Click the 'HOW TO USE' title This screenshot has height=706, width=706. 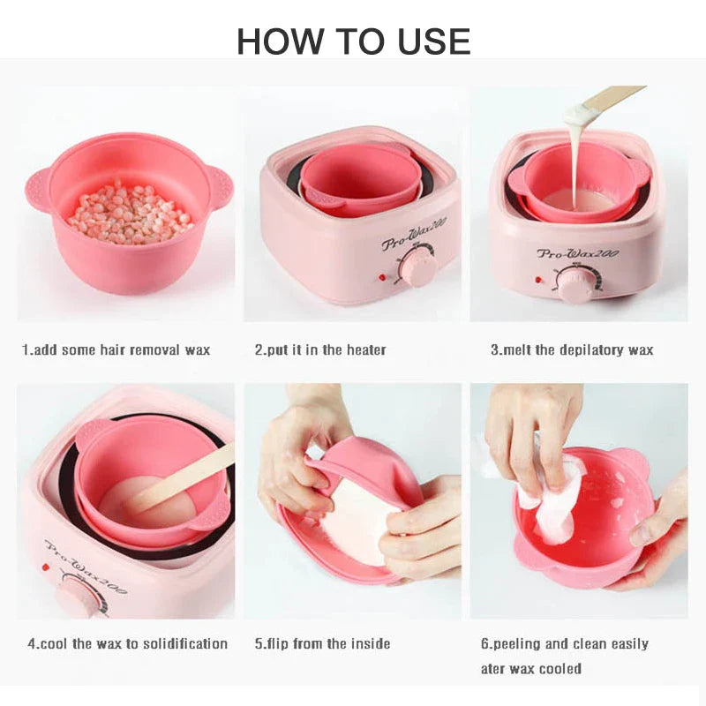coord(354,41)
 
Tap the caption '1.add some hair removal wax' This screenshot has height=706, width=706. coord(116,349)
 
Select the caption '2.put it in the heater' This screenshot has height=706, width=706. coord(320,349)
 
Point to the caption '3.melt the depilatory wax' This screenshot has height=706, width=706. coord(572,349)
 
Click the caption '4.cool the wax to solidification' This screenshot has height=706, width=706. coord(127,643)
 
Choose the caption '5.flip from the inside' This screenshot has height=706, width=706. coord(322,643)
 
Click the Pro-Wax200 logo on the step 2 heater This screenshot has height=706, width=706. coord(414,235)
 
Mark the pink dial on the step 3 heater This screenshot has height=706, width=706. coord(575,284)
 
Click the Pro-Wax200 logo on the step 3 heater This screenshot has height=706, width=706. coord(578,253)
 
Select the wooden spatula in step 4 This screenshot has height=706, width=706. coord(180,478)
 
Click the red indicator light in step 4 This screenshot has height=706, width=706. coord(45,567)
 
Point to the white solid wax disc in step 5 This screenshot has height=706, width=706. coord(360,522)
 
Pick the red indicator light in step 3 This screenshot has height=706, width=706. coord(538,280)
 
